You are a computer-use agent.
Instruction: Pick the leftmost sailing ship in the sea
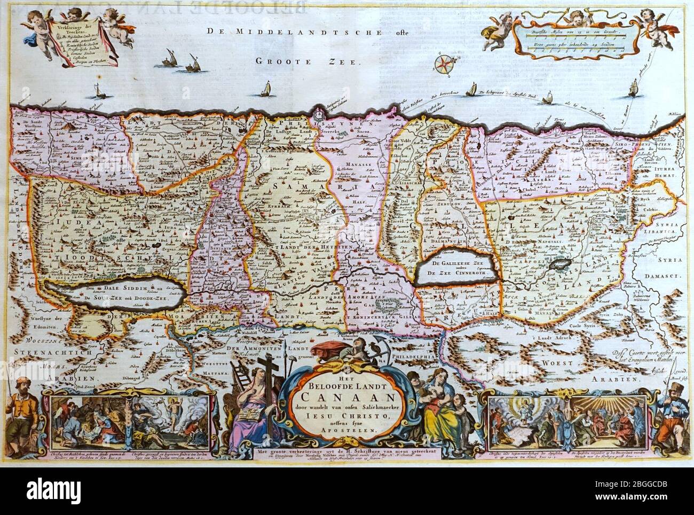[x=99, y=92]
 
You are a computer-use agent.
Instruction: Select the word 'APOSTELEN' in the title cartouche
[x=347, y=436]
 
